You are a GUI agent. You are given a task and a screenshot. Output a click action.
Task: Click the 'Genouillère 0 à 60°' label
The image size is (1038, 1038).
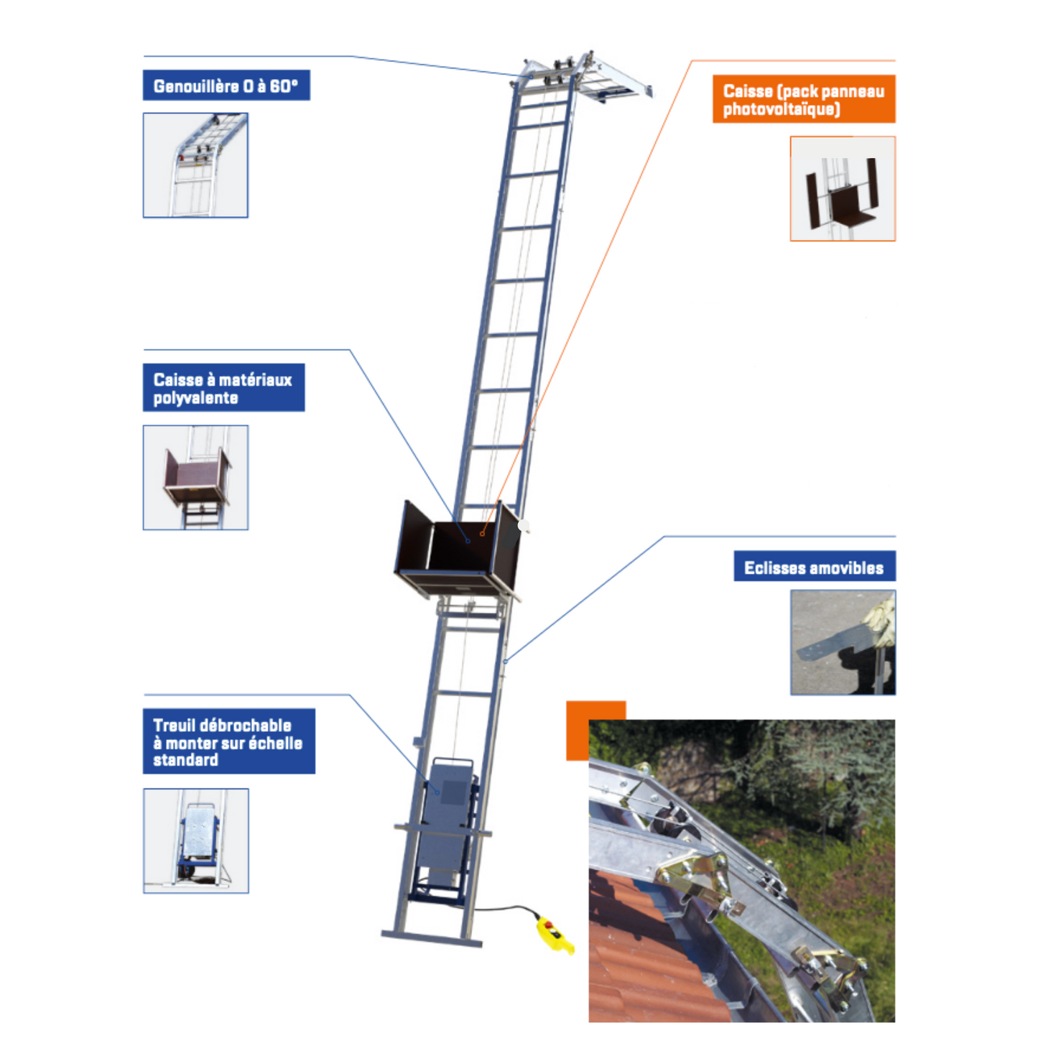[x=226, y=85]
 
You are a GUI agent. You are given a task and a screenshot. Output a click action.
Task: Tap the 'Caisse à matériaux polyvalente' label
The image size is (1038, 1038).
[x=223, y=388]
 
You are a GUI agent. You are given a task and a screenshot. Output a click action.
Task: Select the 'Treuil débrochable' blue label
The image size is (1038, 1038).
[x=228, y=741]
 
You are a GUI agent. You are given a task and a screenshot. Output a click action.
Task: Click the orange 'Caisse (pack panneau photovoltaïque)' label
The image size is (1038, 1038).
[x=803, y=99]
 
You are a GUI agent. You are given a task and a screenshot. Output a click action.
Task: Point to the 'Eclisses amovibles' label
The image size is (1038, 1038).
[x=814, y=567]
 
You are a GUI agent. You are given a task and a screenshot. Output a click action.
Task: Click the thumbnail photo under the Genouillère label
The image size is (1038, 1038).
[x=195, y=165]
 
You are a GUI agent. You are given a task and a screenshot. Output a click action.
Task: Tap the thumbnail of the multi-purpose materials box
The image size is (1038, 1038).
[x=195, y=478]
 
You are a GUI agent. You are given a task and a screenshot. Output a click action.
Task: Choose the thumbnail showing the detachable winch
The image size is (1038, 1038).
[x=195, y=840]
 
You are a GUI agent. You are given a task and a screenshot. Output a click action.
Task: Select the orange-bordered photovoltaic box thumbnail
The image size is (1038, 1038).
[x=843, y=189]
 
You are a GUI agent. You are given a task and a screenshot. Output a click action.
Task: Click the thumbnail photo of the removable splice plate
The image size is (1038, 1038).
[x=843, y=642]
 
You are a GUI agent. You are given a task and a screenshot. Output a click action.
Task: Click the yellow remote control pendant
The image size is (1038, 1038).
[x=553, y=935]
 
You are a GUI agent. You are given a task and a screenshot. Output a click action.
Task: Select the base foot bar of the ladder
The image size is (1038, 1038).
[x=431, y=938]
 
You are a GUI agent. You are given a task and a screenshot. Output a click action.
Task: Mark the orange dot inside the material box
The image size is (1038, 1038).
[x=482, y=534]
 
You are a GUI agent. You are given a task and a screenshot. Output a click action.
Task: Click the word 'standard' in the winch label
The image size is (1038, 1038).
[x=185, y=760]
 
